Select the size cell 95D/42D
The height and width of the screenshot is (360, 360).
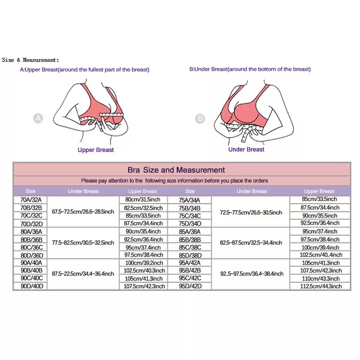[x=190, y=286]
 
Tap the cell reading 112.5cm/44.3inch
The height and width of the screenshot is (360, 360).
[x=320, y=286]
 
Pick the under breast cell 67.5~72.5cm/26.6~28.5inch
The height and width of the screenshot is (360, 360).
[x=83, y=212]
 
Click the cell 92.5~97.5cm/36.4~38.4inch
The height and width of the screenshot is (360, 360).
[x=252, y=274]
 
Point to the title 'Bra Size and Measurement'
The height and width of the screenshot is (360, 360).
[x=176, y=170]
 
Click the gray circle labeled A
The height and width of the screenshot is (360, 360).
[x=38, y=118]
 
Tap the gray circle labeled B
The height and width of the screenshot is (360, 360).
[x=200, y=118]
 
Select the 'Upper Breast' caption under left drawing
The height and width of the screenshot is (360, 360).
[x=95, y=150]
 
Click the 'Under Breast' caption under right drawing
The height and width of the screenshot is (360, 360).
[x=246, y=149]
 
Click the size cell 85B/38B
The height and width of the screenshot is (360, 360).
[x=190, y=239]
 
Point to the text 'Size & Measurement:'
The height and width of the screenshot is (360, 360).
[x=30, y=60]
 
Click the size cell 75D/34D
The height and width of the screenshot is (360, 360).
[x=190, y=224]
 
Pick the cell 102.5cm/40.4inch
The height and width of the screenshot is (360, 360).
[x=320, y=255]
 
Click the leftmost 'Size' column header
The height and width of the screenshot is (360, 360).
[x=31, y=191]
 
